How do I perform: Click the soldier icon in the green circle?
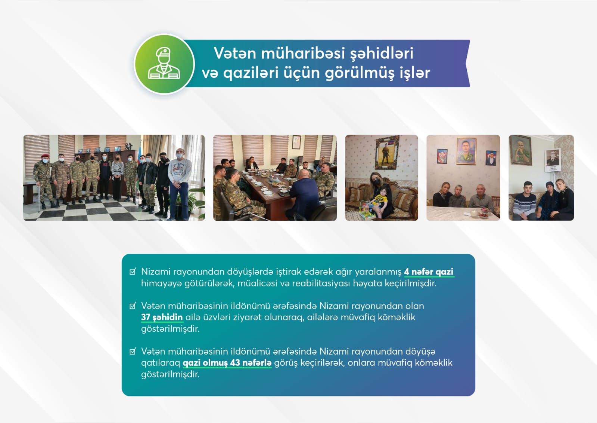pyautogui.click(x=164, y=64)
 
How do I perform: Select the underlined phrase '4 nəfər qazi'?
pyautogui.click(x=429, y=272)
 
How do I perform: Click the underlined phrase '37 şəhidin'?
pyautogui.click(x=162, y=317)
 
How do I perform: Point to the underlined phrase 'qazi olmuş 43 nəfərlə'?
pyautogui.click(x=227, y=363)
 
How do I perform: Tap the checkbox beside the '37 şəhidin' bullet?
pyautogui.click(x=133, y=306)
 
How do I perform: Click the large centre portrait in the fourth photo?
pyautogui.click(x=466, y=151)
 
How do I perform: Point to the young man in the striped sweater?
pyautogui.click(x=524, y=200)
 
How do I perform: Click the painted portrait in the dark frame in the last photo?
pyautogui.click(x=521, y=150)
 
